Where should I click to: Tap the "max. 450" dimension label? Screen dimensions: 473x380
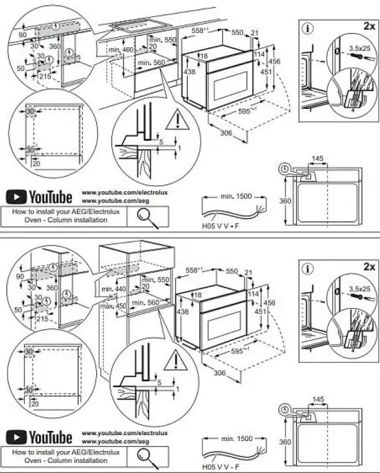tap(114, 306)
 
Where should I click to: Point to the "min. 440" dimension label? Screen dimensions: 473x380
tap(115, 288)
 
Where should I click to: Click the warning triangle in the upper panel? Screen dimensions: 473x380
tap(176, 121)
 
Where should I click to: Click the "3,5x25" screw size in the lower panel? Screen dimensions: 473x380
tap(358, 288)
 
